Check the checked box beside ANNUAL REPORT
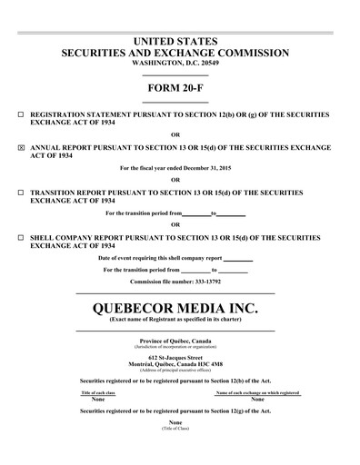[x=21, y=145]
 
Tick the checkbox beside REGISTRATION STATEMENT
[x=21, y=116]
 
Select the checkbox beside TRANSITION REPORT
[x=21, y=193]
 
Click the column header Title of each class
[x=98, y=392]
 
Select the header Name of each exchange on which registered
[x=257, y=392]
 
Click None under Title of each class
[x=98, y=399]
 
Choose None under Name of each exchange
[x=257, y=399]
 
